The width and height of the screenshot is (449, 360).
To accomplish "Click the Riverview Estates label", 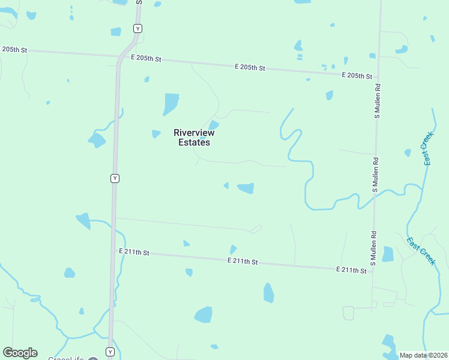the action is tap(193, 137).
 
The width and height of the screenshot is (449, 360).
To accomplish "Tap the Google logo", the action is tap(20, 353).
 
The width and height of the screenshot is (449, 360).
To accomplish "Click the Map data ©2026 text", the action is tap(423, 355).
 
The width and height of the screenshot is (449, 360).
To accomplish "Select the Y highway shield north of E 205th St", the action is tap(137, 28).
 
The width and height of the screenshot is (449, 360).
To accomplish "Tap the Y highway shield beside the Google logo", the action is tap(110, 352).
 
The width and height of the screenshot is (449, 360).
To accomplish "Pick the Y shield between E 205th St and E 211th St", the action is tap(115, 178).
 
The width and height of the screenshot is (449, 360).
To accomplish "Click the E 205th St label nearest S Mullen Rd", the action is tap(357, 76).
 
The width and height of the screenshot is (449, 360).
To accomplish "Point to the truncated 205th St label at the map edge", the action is tap(14, 49).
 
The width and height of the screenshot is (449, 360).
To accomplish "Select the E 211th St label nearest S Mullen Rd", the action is tap(351, 271).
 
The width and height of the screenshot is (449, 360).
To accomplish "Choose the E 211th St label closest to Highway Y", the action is tap(134, 252).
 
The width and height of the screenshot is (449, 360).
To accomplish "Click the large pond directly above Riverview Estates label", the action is tap(171, 104).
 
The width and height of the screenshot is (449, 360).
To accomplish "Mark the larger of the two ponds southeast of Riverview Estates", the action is tap(246, 188).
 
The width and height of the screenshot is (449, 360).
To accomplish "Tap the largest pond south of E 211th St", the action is tap(203, 314).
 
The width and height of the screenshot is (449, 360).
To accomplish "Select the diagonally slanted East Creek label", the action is tap(421, 251).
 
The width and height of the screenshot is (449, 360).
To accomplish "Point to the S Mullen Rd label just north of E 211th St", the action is tap(373, 248).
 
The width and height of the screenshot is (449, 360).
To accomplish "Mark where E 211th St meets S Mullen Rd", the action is tap(372, 272).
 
